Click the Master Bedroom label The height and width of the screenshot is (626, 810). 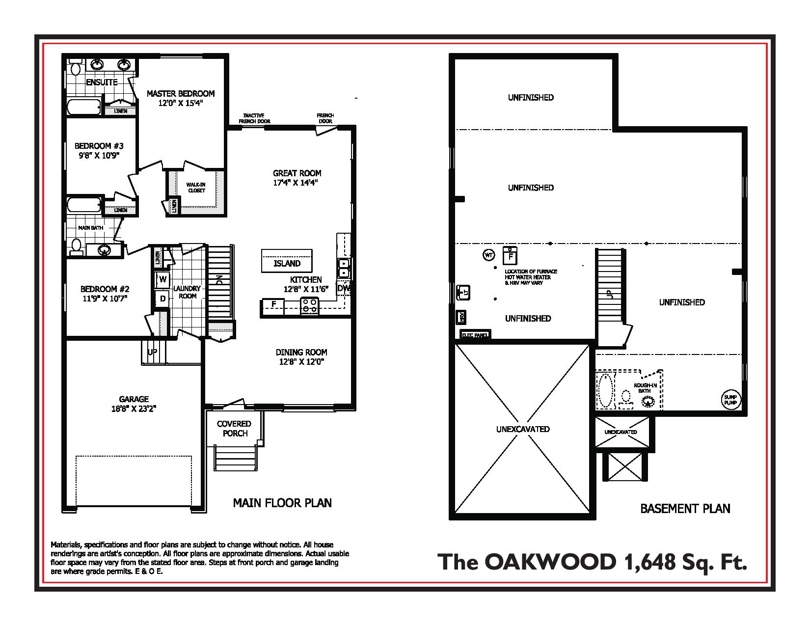coord(181,93)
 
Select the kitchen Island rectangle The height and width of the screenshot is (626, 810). coord(287,261)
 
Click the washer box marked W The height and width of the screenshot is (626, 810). coord(162,280)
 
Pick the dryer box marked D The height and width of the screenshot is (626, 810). coord(162,298)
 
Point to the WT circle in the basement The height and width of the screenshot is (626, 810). coord(488,255)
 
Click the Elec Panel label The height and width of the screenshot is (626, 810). coord(475,336)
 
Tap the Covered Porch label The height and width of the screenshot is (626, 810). coord(234,428)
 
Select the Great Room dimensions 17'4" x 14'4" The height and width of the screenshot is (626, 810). coord(297,183)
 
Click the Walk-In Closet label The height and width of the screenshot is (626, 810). coord(196,188)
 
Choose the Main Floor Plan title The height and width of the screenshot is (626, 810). coord(282,503)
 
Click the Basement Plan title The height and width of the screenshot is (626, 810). coord(685,509)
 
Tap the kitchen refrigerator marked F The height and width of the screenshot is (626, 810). coord(274,304)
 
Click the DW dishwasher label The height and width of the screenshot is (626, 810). coord(344,288)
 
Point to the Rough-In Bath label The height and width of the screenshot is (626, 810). coord(645,388)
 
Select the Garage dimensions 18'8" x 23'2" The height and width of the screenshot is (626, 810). coord(134,408)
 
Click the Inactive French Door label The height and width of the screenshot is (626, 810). coord(254,118)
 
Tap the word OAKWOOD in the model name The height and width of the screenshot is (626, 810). coord(549,562)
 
